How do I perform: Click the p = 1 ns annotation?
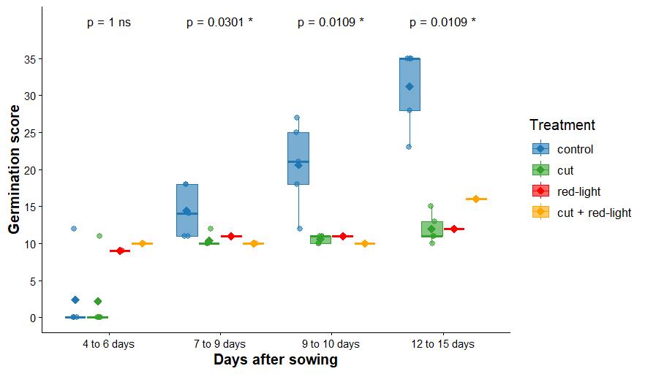(x=109, y=23)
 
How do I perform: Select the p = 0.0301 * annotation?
(x=219, y=23)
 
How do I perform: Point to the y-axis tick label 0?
(x=31, y=318)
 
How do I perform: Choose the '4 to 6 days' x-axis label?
(x=109, y=343)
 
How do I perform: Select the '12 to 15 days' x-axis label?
(x=442, y=343)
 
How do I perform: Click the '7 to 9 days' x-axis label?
(x=220, y=343)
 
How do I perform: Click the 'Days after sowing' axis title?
(x=276, y=359)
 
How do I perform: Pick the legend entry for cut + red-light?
(x=594, y=213)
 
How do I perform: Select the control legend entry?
(x=575, y=149)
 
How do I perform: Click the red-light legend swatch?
(x=540, y=191)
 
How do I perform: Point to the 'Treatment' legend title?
(x=562, y=125)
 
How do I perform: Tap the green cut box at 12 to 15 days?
(x=431, y=229)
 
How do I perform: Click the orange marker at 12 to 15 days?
(x=476, y=199)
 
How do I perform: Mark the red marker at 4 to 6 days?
(x=120, y=251)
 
